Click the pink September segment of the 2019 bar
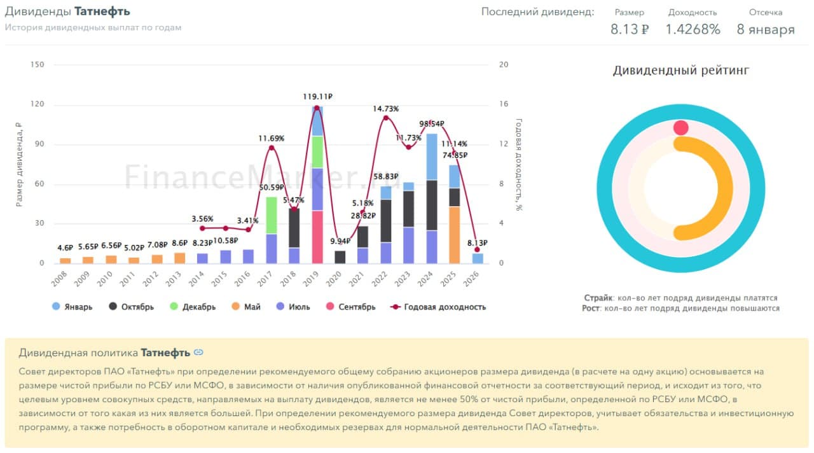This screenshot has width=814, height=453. click(x=317, y=237)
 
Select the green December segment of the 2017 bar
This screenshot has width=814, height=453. click(x=272, y=215)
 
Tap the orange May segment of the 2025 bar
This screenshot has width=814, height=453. click(x=455, y=235)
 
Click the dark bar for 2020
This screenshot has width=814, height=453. click(x=340, y=257)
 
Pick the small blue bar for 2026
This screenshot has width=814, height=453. click(x=478, y=258)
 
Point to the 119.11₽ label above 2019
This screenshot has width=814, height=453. click(x=317, y=97)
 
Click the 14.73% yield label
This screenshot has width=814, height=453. click(x=385, y=109)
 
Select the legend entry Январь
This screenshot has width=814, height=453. click(x=72, y=307)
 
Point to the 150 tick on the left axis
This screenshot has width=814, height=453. click(x=38, y=65)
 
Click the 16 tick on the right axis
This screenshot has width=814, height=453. click(x=504, y=104)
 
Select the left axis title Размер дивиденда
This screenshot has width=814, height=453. click(x=19, y=164)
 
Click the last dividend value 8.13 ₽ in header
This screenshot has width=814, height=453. click(x=629, y=29)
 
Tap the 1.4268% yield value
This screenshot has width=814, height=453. click(x=693, y=29)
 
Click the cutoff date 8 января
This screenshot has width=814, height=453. click(x=766, y=29)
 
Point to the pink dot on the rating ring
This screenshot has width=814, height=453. click(x=681, y=128)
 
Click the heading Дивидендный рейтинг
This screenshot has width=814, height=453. click(x=681, y=71)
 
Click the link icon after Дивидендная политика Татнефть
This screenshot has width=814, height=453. click(x=198, y=352)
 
